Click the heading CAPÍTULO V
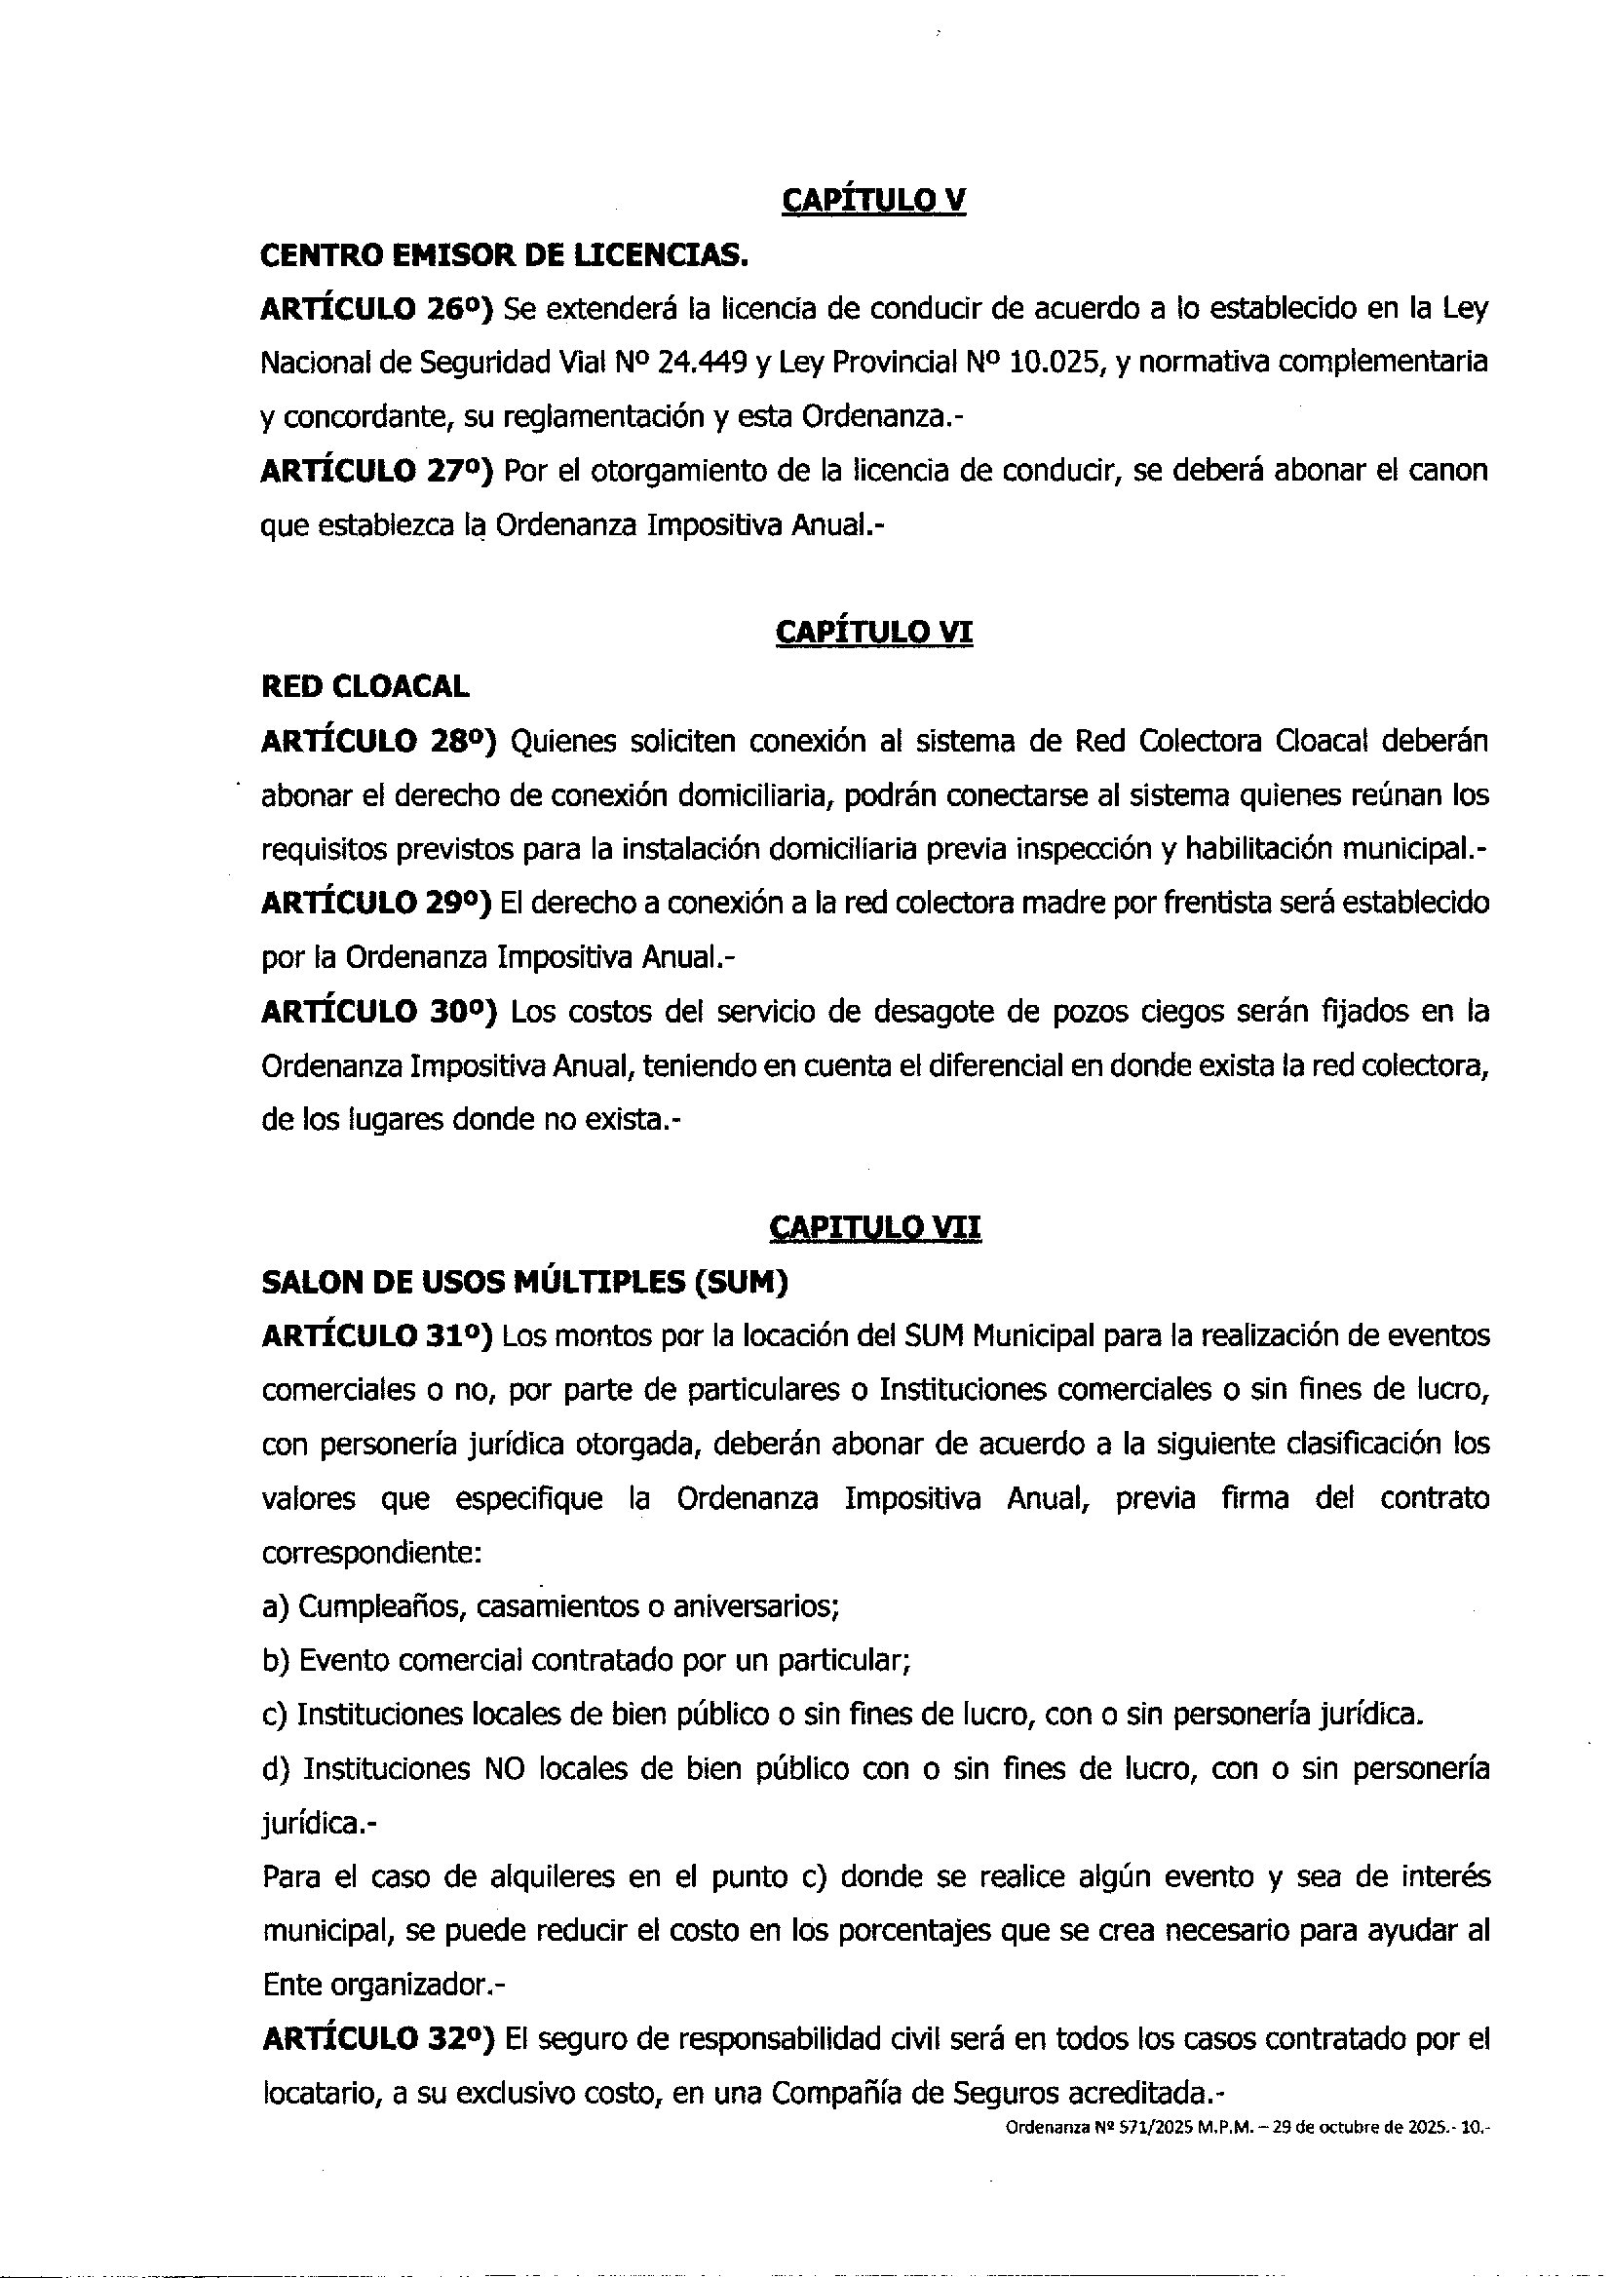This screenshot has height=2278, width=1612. pyautogui.click(x=873, y=202)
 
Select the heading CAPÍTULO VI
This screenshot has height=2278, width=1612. pyautogui.click(x=873, y=633)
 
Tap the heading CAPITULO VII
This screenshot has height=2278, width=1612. pyautogui.click(x=874, y=1228)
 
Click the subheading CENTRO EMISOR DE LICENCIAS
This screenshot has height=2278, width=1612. pyautogui.click(x=503, y=256)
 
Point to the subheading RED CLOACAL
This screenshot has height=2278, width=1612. pyautogui.click(x=365, y=687)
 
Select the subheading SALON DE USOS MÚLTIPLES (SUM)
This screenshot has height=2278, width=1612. pyautogui.click(x=524, y=1283)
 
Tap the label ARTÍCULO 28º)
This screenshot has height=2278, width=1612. pyautogui.click(x=378, y=742)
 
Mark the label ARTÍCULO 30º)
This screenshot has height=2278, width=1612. pyautogui.click(x=378, y=1012)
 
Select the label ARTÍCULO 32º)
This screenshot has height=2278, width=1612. pyautogui.click(x=378, y=2039)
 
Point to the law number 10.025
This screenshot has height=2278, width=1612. pyautogui.click(x=1057, y=364)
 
